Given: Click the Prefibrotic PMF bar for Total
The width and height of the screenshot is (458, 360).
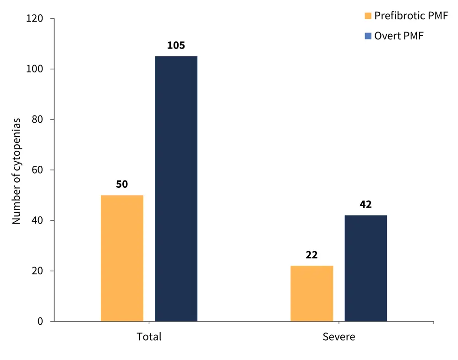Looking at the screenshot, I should (x=122, y=258).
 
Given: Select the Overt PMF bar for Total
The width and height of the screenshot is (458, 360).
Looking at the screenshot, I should (x=176, y=189).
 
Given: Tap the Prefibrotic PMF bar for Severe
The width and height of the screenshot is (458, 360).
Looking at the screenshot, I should (x=312, y=294).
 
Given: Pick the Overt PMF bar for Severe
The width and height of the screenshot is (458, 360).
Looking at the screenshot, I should (x=365, y=268).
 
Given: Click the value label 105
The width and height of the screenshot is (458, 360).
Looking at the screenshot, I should (x=176, y=46).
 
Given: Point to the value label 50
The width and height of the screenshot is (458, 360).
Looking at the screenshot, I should (x=122, y=185).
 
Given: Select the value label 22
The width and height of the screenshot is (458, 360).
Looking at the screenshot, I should (x=312, y=255).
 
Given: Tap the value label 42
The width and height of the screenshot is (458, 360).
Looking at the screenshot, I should (x=365, y=205).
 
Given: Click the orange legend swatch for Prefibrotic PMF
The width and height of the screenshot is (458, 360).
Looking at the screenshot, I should (x=368, y=16).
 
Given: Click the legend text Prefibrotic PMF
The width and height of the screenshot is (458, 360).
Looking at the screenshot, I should (x=411, y=16).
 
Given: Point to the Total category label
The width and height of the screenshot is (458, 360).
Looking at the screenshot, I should (x=149, y=337).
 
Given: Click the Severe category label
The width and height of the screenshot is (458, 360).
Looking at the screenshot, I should (x=339, y=337).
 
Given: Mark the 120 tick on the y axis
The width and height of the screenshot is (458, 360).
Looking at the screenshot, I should (x=35, y=19).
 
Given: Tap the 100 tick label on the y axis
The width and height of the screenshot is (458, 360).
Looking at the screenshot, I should (x=35, y=69).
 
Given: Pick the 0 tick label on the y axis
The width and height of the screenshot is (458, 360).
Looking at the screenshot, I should (x=40, y=322).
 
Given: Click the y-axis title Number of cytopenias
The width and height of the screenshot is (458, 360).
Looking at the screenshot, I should (x=17, y=171).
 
